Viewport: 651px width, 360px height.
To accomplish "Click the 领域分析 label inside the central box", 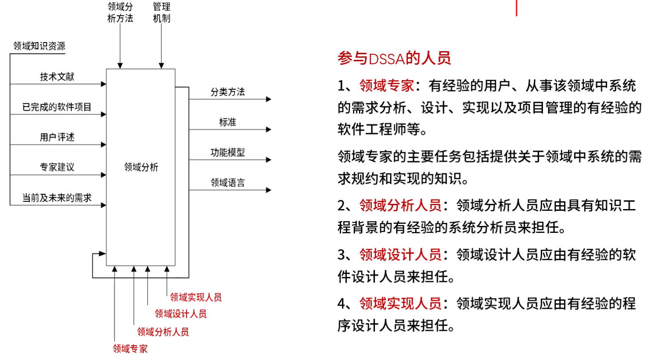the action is coord(141,167).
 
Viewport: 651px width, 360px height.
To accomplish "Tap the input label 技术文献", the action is coord(57,77).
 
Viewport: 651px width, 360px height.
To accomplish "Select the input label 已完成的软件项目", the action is coord(57,107).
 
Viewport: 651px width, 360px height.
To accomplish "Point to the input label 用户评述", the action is coord(57,137).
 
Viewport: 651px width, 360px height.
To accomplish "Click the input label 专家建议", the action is coord(57,167).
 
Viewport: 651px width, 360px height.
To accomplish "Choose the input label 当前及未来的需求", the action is coord(57,198).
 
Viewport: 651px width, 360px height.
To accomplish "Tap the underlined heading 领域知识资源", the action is coord(39,46).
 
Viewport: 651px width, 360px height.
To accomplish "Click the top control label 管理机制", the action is coord(161,13).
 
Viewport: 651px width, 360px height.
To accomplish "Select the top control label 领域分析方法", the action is coord(120,13).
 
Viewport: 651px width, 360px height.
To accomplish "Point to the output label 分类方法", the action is coord(227,92).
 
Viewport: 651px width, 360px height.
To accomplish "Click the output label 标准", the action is coord(227,122).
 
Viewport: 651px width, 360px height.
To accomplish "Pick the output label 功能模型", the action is coord(227,152).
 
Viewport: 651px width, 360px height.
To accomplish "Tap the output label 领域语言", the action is coord(227,183).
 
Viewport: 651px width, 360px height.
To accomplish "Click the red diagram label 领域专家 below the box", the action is coord(130,349).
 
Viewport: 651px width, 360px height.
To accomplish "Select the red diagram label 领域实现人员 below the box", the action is coord(196,297).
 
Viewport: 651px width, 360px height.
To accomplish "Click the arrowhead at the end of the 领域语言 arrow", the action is coord(269,190).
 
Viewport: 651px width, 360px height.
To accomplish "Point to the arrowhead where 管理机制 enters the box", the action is coord(161,65).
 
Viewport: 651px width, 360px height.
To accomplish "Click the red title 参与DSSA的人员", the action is coord(394,58).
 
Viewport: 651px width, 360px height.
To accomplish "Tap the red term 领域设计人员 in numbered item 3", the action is coord(401,255).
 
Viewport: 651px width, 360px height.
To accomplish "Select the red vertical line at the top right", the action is coord(516,8).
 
